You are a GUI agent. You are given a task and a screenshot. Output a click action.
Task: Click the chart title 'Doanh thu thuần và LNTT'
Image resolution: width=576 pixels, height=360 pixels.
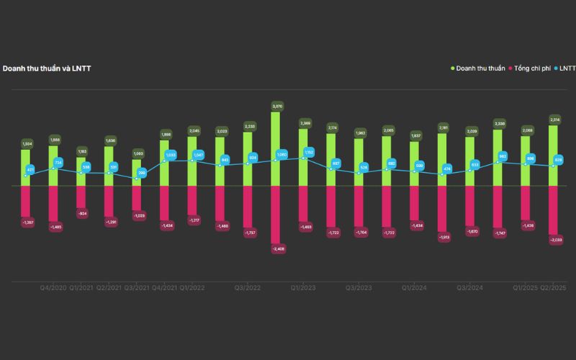tap(47, 68)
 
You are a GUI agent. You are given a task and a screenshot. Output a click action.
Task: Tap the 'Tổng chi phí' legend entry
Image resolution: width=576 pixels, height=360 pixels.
tap(532, 68)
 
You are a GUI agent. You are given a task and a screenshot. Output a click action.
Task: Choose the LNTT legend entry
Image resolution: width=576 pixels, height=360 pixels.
tap(566, 68)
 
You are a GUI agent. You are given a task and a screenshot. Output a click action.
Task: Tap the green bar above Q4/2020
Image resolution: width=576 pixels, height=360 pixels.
tap(54, 166)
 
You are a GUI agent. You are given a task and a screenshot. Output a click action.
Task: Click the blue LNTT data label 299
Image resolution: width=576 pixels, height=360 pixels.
tap(142, 173)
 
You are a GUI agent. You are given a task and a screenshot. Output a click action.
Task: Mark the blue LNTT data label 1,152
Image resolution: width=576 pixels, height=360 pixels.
tap(309, 153)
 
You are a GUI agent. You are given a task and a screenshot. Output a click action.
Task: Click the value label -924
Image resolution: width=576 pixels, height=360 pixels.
tap(81, 214)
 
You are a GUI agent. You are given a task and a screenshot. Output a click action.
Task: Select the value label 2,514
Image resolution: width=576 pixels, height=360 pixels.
tap(554, 120)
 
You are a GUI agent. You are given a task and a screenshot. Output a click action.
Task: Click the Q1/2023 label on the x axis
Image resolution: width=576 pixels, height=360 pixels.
tap(304, 287)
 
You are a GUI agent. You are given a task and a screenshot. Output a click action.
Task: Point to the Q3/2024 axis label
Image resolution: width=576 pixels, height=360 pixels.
tap(469, 287)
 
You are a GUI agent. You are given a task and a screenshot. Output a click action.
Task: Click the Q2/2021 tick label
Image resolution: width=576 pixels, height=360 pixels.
tap(109, 287)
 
